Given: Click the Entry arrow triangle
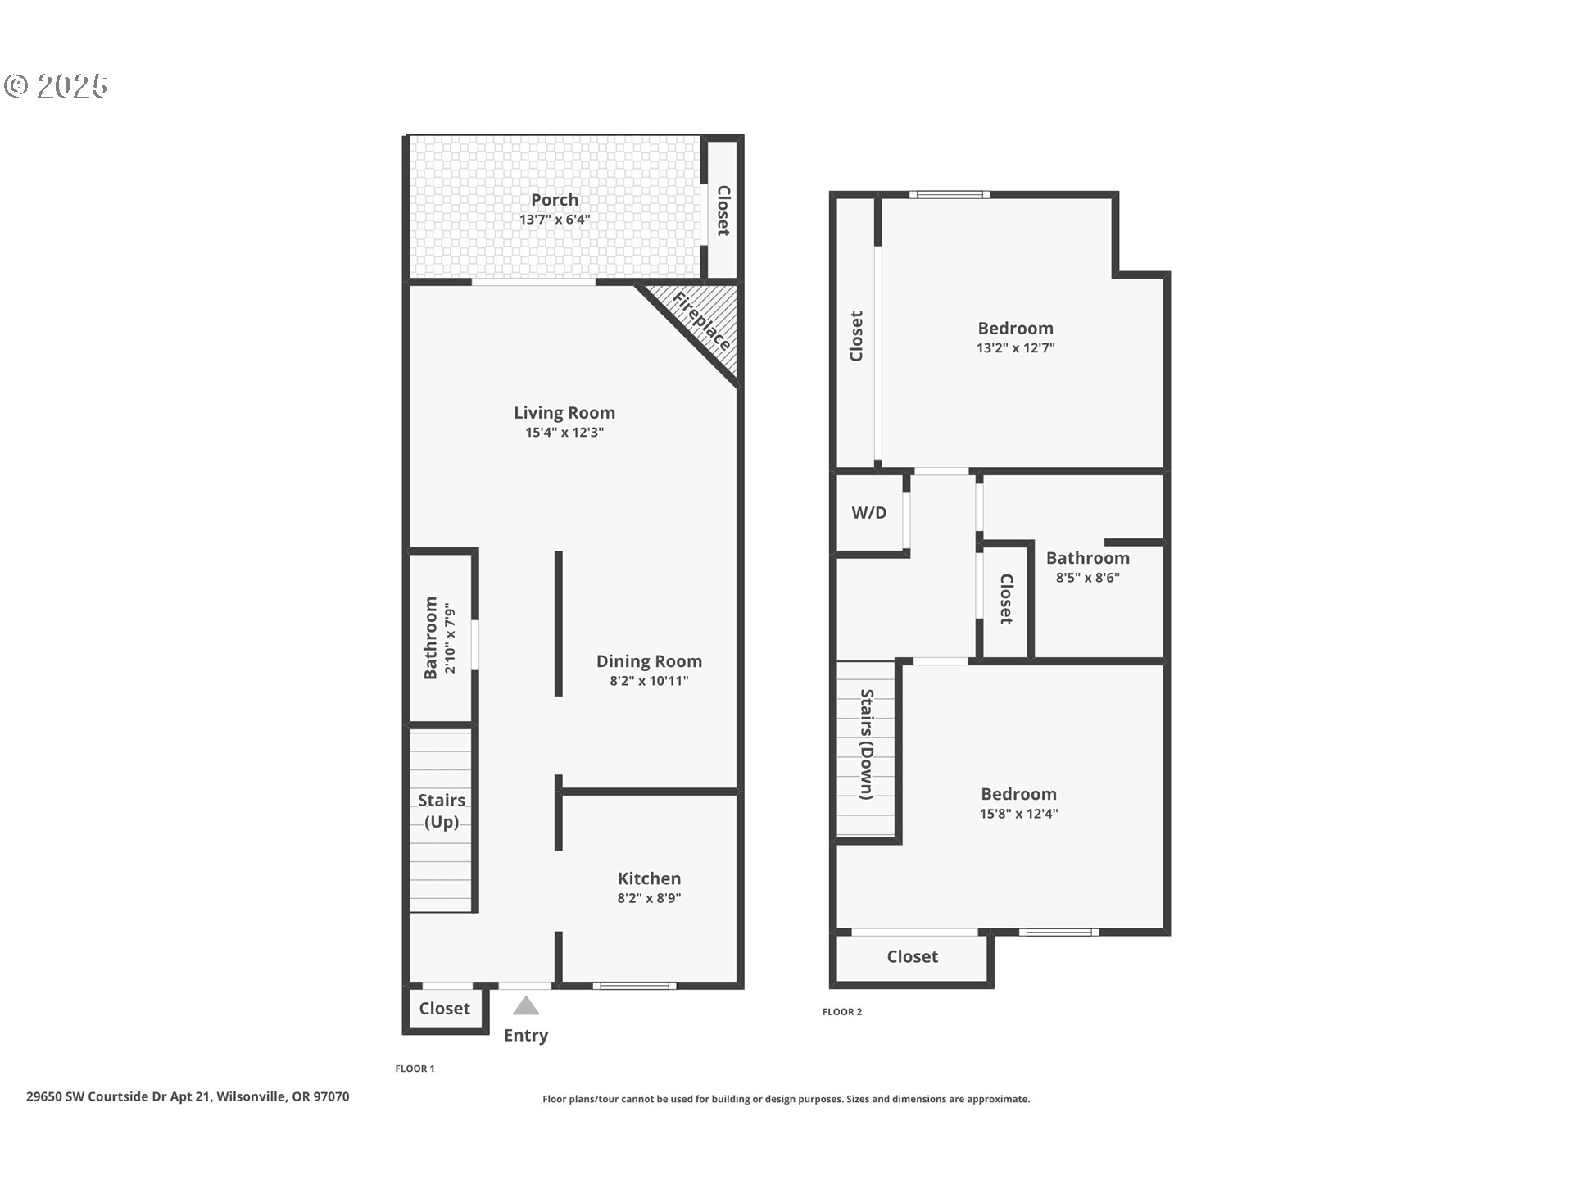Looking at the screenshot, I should click(x=526, y=1006).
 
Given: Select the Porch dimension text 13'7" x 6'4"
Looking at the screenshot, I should click(x=555, y=220).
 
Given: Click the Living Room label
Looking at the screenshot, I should click(x=564, y=413).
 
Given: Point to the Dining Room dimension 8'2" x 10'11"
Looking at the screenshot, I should click(x=649, y=681).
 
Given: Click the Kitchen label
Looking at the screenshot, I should click(x=649, y=878).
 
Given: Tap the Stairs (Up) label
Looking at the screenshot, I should click(x=442, y=810).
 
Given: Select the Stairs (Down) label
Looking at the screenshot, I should click(x=866, y=744).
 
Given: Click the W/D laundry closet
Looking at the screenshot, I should click(x=869, y=513).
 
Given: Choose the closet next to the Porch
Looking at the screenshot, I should click(x=723, y=211).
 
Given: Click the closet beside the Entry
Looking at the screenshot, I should click(x=445, y=1009).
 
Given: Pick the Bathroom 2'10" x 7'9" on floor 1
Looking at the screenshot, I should click(x=440, y=638).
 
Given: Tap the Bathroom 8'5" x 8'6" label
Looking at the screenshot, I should click(x=1087, y=558).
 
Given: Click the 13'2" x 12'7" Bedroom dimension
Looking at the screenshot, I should click(x=1015, y=347).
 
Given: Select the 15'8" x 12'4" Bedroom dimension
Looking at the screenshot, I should click(x=1018, y=814).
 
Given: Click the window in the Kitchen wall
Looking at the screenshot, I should click(x=635, y=985).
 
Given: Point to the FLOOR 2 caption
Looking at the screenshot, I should click(x=842, y=1012).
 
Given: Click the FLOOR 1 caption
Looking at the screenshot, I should click(x=415, y=1069).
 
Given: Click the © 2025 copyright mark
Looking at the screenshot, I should click(x=57, y=86).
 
